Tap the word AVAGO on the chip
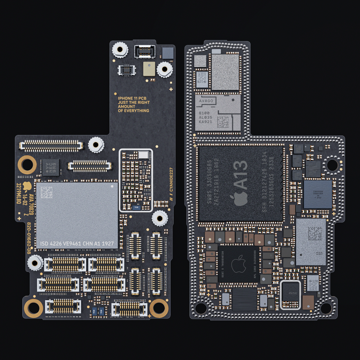[206, 101]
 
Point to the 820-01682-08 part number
[29, 238]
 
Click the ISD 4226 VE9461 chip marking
[77, 243]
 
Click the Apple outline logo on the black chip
[238, 264]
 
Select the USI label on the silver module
[319, 253]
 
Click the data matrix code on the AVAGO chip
[223, 122]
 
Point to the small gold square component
[149, 69]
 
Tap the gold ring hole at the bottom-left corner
[33, 308]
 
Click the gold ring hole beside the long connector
[27, 165]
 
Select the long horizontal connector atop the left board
[51, 146]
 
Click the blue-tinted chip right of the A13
[318, 194]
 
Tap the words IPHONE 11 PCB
[132, 98]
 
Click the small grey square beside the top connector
[168, 53]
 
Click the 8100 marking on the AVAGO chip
[204, 113]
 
